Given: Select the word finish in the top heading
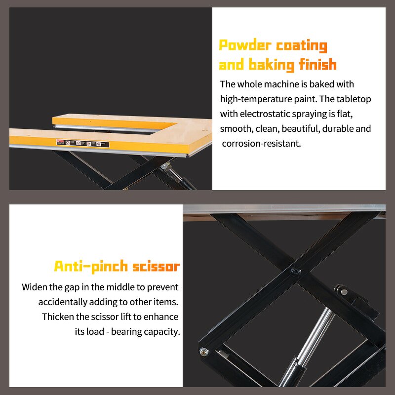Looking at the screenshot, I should click(x=318, y=65).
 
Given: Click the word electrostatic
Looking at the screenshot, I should click(x=267, y=114).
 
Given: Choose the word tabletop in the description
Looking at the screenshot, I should click(x=353, y=99).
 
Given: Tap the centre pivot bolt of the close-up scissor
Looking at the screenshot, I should click(x=295, y=271).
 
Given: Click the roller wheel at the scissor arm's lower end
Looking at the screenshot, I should click(x=204, y=352).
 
